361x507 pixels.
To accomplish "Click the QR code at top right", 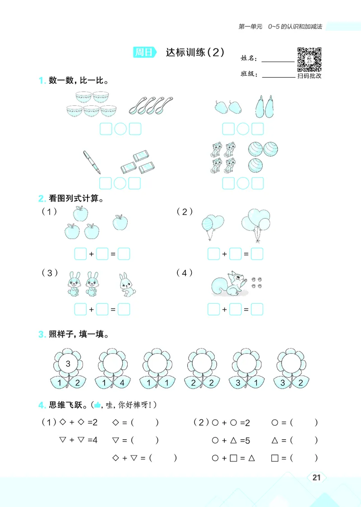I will [x=309, y=59].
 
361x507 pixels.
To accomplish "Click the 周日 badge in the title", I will [x=144, y=52].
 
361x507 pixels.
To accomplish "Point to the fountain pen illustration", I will [x=92, y=162].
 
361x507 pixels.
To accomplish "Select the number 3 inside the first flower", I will [x=68, y=363].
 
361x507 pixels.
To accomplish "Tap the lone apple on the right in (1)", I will [x=120, y=222].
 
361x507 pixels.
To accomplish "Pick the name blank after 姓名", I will [x=278, y=59].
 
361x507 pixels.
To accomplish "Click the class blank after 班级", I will [x=278, y=75].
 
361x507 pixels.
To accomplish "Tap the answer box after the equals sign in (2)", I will [x=257, y=254].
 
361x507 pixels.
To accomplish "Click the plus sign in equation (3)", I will [x=91, y=310].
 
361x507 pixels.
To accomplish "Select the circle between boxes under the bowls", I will [x=120, y=129].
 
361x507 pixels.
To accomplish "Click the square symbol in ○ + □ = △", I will [x=233, y=458].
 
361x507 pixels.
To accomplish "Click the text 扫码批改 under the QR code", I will [x=310, y=76].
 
